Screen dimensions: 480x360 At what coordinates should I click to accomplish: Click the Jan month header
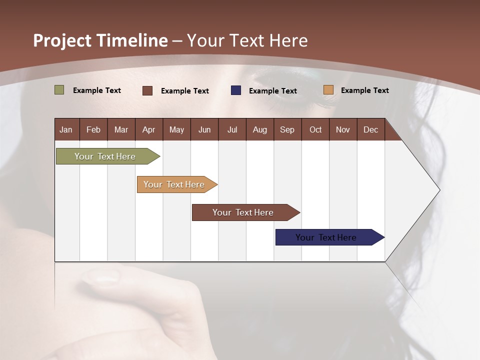(x=66, y=130)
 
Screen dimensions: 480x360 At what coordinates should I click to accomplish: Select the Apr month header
(x=149, y=130)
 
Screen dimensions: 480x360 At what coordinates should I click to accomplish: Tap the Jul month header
(x=232, y=130)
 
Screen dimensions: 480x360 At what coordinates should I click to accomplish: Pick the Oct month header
(x=315, y=130)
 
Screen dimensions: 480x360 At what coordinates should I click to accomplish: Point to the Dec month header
(x=370, y=130)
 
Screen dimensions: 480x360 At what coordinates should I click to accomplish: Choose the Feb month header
(x=93, y=130)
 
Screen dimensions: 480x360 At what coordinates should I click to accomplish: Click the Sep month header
(x=287, y=130)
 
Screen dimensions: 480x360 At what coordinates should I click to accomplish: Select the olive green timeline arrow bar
(x=108, y=156)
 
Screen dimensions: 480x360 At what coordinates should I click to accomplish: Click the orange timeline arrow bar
(x=177, y=184)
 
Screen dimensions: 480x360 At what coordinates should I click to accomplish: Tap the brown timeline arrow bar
(x=246, y=212)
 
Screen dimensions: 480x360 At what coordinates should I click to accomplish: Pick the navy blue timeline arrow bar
(x=330, y=237)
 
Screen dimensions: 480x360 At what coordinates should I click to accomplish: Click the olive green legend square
(x=59, y=90)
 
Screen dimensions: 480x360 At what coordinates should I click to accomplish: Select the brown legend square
(x=147, y=90)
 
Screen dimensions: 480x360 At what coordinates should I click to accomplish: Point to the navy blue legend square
(x=236, y=90)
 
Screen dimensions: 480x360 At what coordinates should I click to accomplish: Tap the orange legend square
(x=328, y=89)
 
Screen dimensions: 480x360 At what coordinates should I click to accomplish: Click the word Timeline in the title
(x=132, y=40)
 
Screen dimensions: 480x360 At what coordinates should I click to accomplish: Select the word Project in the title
(x=62, y=41)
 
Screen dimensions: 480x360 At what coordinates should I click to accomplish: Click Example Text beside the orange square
(x=365, y=90)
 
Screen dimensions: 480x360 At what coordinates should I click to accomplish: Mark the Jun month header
(x=204, y=130)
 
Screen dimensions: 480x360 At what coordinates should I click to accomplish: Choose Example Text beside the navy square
(x=273, y=91)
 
